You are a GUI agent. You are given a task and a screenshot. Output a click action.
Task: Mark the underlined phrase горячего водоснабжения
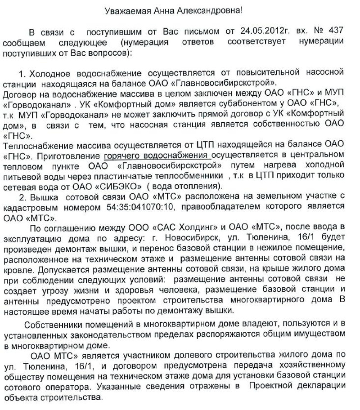(157, 155)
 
